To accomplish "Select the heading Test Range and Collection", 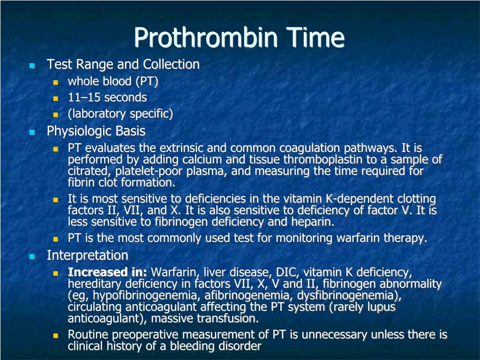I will (x=123, y=65).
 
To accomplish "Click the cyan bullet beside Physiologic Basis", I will (x=32, y=132).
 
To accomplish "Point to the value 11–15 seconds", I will (x=107, y=98).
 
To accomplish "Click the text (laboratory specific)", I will (x=120, y=114).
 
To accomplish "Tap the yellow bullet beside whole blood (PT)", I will (x=55, y=82).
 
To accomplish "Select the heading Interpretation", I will (x=87, y=256).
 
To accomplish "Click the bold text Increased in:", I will (x=107, y=272).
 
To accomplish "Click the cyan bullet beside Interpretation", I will (x=32, y=257).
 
